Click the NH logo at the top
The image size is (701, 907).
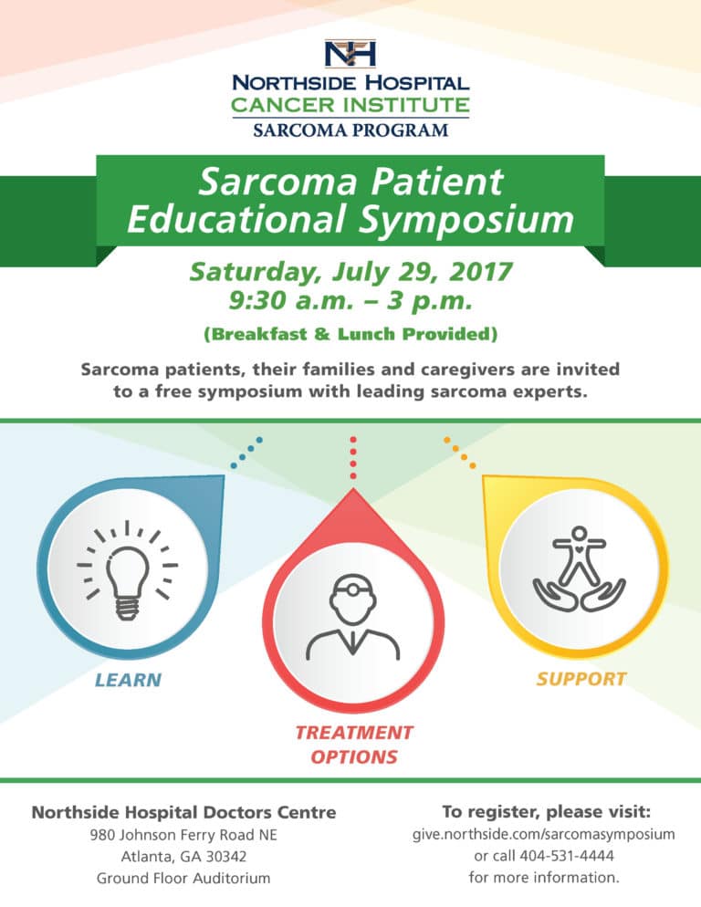click(x=350, y=53)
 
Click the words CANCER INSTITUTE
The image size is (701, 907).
click(x=350, y=105)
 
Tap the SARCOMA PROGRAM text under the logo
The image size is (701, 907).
click(x=350, y=130)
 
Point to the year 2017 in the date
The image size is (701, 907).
click(x=481, y=271)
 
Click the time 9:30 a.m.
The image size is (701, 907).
click(x=291, y=301)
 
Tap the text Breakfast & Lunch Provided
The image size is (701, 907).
click(x=350, y=334)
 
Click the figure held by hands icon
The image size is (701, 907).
click(x=579, y=568)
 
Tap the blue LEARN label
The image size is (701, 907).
click(x=128, y=680)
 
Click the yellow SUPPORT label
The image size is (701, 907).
click(x=581, y=679)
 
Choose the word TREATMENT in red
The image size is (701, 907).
click(x=354, y=733)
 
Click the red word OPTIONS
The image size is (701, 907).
click(x=354, y=756)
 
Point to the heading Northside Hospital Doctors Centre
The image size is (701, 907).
click(x=183, y=812)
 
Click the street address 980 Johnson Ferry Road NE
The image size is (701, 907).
click(x=183, y=835)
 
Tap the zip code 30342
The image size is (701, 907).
click(x=226, y=857)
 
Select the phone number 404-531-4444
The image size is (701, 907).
click(x=567, y=856)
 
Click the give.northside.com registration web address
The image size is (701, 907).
click(x=544, y=834)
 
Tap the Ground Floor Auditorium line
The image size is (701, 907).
click(x=183, y=878)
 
